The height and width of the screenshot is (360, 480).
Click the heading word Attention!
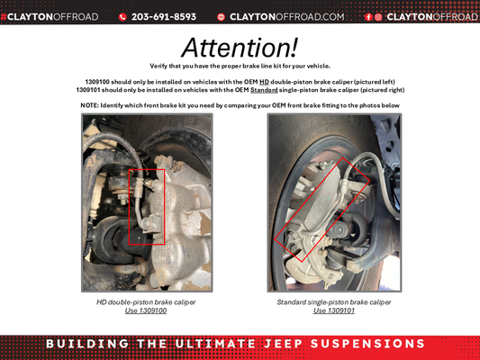point(240,47)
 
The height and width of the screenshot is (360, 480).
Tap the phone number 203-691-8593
point(163,16)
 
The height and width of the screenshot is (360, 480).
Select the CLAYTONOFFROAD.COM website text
point(286,16)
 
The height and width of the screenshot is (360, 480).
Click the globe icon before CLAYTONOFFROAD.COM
point(221,16)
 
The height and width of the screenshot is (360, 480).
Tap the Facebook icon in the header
point(368,16)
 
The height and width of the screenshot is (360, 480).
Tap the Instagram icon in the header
point(378,16)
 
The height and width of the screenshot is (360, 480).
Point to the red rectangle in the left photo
point(146,206)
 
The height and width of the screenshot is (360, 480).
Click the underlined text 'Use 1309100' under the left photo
point(146,310)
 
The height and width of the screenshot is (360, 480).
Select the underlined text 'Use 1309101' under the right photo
point(334,310)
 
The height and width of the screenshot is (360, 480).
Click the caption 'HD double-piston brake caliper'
point(146,302)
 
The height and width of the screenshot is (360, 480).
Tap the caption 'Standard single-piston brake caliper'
point(334,302)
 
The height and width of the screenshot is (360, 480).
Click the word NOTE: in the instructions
point(90,105)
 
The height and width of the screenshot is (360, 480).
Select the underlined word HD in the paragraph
point(265,82)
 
